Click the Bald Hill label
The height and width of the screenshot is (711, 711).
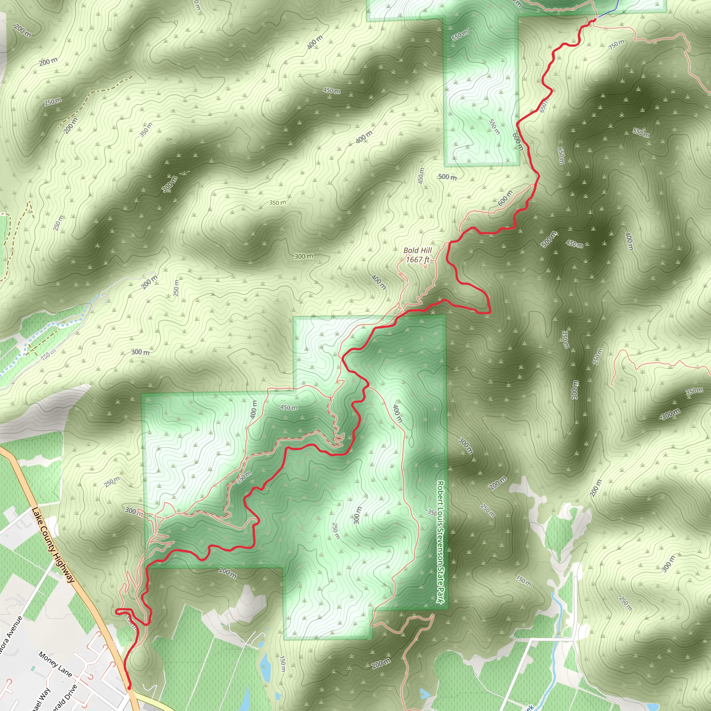coord(417,250)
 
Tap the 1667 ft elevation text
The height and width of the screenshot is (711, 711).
coord(417,260)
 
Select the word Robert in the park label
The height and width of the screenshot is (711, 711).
coord(440,493)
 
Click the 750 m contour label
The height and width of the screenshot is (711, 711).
coord(617,44)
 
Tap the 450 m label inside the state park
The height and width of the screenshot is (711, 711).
coord(289,407)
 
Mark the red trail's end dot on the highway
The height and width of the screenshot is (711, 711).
coord(129,687)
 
